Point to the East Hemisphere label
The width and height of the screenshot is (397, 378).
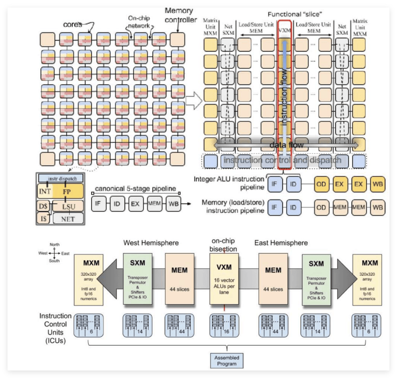[x=281, y=243]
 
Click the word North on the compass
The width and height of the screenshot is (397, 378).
[x=55, y=245]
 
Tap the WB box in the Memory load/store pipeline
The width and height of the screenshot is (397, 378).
[x=378, y=207]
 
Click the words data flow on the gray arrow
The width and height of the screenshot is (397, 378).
[x=286, y=145]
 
